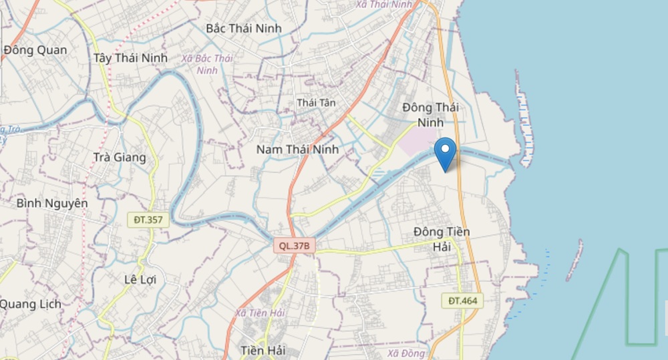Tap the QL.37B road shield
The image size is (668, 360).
point(294,246)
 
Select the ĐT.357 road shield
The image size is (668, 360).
point(148,219)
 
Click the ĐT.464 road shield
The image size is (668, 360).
point(462,301)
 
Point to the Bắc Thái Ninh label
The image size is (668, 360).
point(244,29)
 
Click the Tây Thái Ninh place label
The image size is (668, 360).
point(130,58)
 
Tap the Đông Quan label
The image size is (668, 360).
point(35,50)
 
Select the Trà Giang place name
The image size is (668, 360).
point(120,158)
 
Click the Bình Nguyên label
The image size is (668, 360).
point(52,203)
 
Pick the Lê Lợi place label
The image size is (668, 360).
point(140,279)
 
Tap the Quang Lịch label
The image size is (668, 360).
point(30,304)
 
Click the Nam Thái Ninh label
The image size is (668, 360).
point(297,150)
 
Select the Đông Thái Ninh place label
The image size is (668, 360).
point(430,115)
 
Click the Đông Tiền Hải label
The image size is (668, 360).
point(442,239)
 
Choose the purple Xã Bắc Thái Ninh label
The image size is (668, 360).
point(206,64)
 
